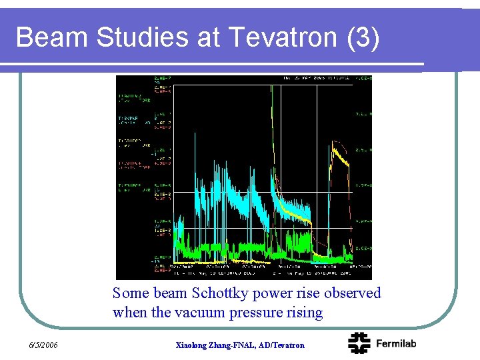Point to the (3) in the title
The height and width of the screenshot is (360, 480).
point(363,38)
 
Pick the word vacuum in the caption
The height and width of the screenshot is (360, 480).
point(203,312)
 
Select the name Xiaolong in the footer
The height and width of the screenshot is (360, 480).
point(193,345)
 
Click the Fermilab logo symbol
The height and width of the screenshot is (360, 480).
point(360,343)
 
